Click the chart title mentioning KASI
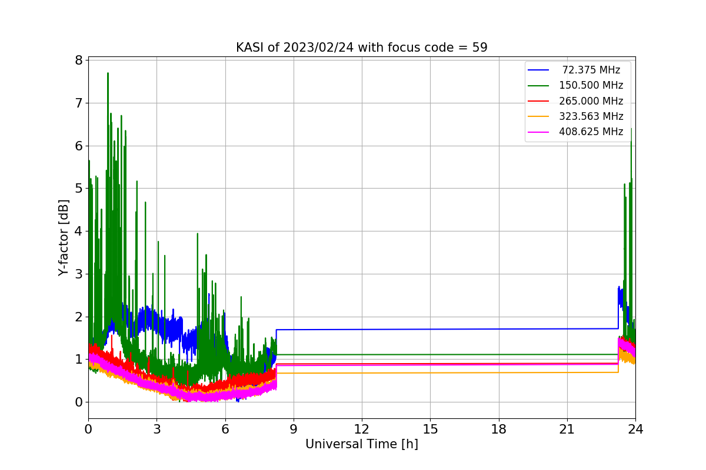coord(361,48)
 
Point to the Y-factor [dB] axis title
coord(64,238)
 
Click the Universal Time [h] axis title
coord(361,444)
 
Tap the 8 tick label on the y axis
coord(79,60)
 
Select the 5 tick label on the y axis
coord(79,188)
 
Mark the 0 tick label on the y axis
coord(79,402)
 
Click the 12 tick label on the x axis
coord(361,429)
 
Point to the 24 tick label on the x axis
coord(635,429)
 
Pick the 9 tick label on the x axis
coord(294,429)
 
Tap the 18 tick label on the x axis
coord(499,429)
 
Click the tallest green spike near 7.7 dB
coord(108,73)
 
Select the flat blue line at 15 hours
coord(430,329)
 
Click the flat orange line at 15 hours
coord(430,372)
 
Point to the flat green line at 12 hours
coord(362,354)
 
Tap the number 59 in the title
coord(479,48)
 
